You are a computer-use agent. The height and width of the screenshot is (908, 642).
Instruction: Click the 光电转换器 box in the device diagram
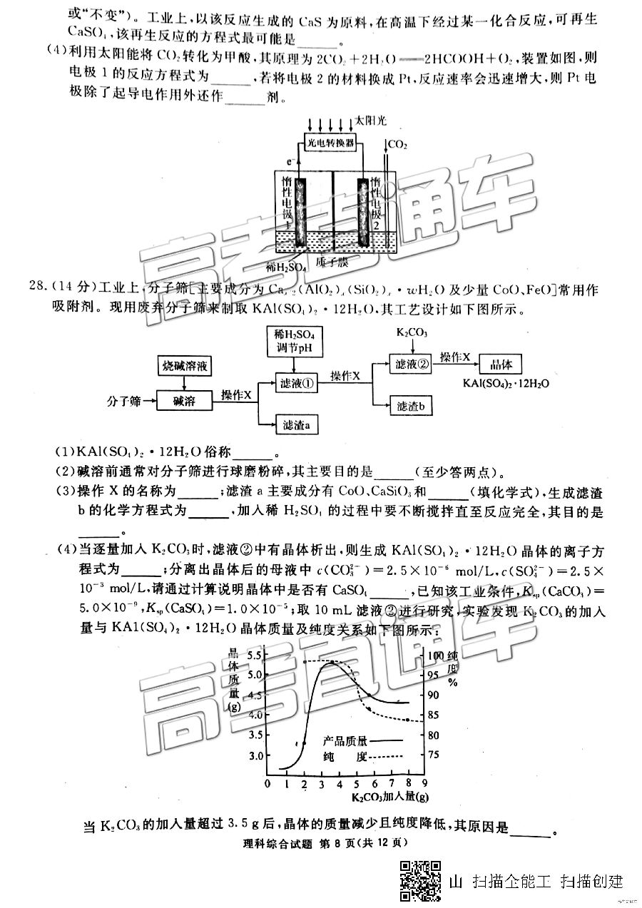point(330,143)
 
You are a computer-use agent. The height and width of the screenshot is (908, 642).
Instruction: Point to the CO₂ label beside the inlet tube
point(397,146)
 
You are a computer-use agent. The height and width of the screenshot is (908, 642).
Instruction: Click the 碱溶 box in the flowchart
point(184,401)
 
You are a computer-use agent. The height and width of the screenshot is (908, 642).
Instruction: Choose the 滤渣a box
point(295,426)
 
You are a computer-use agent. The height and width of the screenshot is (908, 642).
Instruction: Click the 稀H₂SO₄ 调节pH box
point(295,341)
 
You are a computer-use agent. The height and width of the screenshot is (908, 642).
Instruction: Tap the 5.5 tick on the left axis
point(253,655)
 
